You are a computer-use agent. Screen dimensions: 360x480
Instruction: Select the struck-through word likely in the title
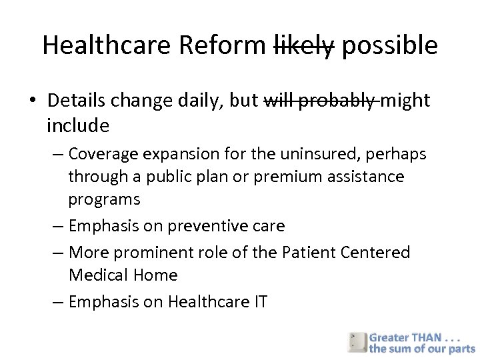(x=304, y=45)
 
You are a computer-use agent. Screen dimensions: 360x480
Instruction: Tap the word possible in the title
(x=389, y=45)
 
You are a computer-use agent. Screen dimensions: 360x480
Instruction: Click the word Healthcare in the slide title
(x=107, y=45)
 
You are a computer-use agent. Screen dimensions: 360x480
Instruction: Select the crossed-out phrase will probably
(x=319, y=101)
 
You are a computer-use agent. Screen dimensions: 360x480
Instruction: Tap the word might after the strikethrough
(x=405, y=101)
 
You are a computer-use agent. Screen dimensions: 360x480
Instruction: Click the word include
(x=78, y=125)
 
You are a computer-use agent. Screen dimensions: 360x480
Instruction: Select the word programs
(x=104, y=199)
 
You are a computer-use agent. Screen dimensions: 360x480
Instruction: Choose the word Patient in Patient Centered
(x=309, y=253)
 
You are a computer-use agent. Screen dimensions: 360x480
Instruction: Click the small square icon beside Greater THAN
(x=357, y=341)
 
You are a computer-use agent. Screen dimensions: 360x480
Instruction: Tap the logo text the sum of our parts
(x=423, y=349)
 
